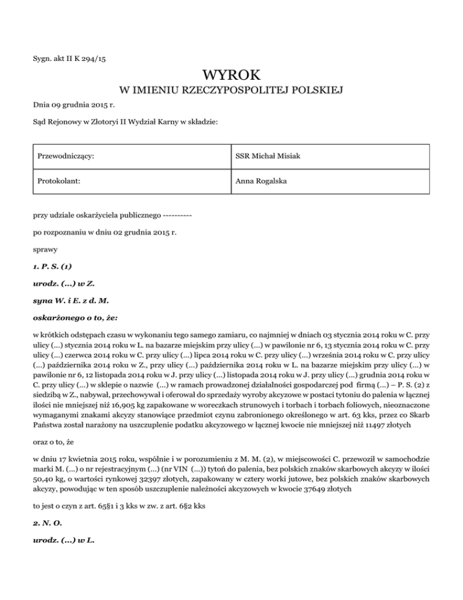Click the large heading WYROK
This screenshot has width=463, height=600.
coord(231,76)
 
